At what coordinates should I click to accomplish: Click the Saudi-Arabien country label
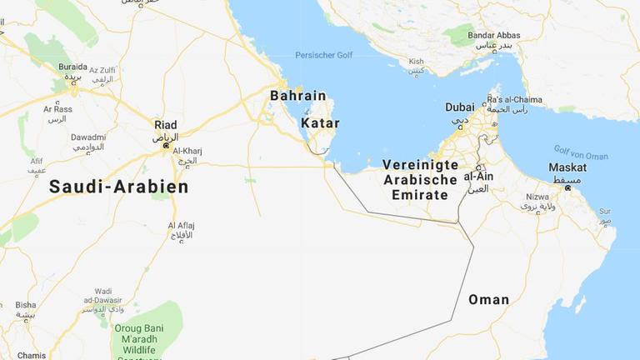point(118,187)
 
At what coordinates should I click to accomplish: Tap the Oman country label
point(488,300)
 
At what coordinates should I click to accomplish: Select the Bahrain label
point(297,96)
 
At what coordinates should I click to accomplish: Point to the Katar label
point(320,123)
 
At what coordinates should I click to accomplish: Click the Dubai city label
point(460,107)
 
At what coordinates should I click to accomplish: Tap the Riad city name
point(166,125)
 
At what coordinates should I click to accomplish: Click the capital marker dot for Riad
point(166,146)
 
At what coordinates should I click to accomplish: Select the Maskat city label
point(567,167)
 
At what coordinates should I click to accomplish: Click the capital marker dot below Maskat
point(567,188)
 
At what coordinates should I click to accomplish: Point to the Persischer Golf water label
point(323,56)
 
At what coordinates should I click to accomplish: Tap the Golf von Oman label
point(581,152)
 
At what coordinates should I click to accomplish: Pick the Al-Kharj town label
point(187,151)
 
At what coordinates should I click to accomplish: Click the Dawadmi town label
point(87,137)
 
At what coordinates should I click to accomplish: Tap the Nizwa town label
point(537,197)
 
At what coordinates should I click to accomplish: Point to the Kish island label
point(416,62)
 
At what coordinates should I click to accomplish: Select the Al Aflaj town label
point(182,225)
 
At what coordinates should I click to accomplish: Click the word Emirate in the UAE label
point(419,195)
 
